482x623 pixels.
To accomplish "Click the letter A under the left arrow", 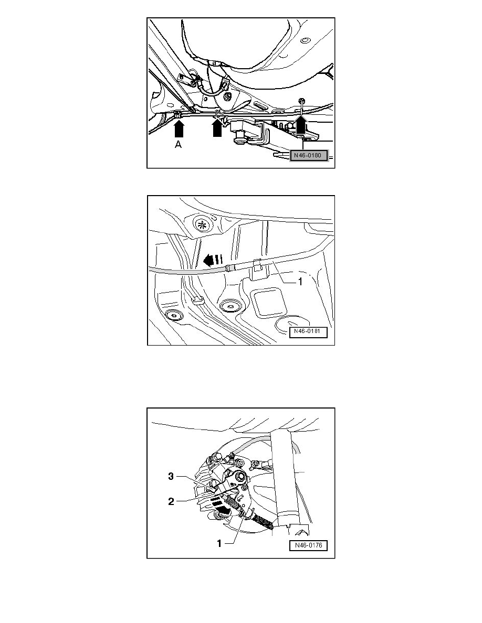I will click(179, 146).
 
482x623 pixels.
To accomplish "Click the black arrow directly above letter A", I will click(179, 129).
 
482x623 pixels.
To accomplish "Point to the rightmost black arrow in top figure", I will click(300, 126).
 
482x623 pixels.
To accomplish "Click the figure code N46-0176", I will click(308, 545).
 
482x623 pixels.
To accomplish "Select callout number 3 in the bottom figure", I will click(171, 477).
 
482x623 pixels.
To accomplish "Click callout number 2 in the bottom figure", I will click(171, 502).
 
